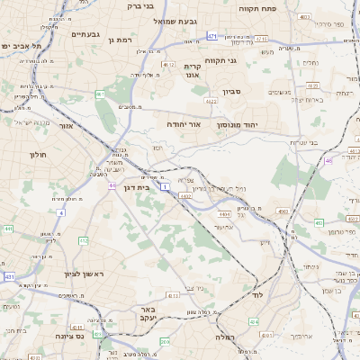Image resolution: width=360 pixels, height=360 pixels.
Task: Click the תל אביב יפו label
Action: tap(17, 46)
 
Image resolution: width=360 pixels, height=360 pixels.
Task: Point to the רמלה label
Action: tap(224, 337)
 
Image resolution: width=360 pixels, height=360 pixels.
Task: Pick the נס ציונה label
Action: tap(94, 337)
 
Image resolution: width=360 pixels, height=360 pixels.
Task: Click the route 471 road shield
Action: tap(211, 36)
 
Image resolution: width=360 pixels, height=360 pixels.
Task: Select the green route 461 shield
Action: tap(100, 94)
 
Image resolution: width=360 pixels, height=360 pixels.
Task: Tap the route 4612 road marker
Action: tap(167, 65)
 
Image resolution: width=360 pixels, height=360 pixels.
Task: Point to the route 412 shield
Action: tap(83, 241)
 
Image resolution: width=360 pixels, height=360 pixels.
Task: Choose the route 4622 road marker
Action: tap(211, 102)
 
